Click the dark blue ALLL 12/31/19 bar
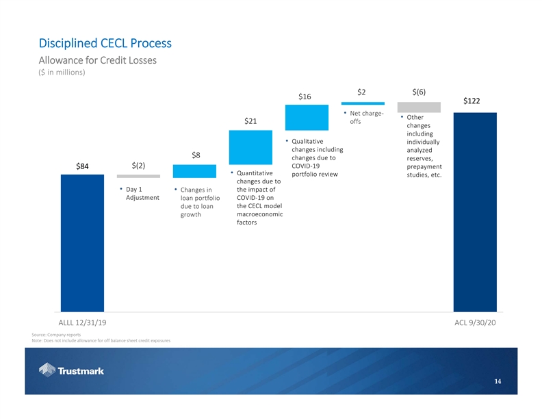click(x=82, y=243)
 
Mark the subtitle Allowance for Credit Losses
click(x=98, y=61)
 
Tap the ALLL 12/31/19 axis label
click(x=83, y=322)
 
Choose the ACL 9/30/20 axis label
click(x=475, y=322)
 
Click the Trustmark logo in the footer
click(x=71, y=370)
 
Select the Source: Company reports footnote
click(x=56, y=334)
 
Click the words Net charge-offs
click(x=366, y=118)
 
